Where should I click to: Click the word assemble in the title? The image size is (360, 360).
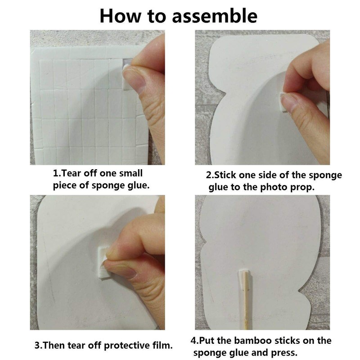point(215,16)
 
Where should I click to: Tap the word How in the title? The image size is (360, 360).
point(121,16)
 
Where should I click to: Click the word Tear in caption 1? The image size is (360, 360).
point(71,173)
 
